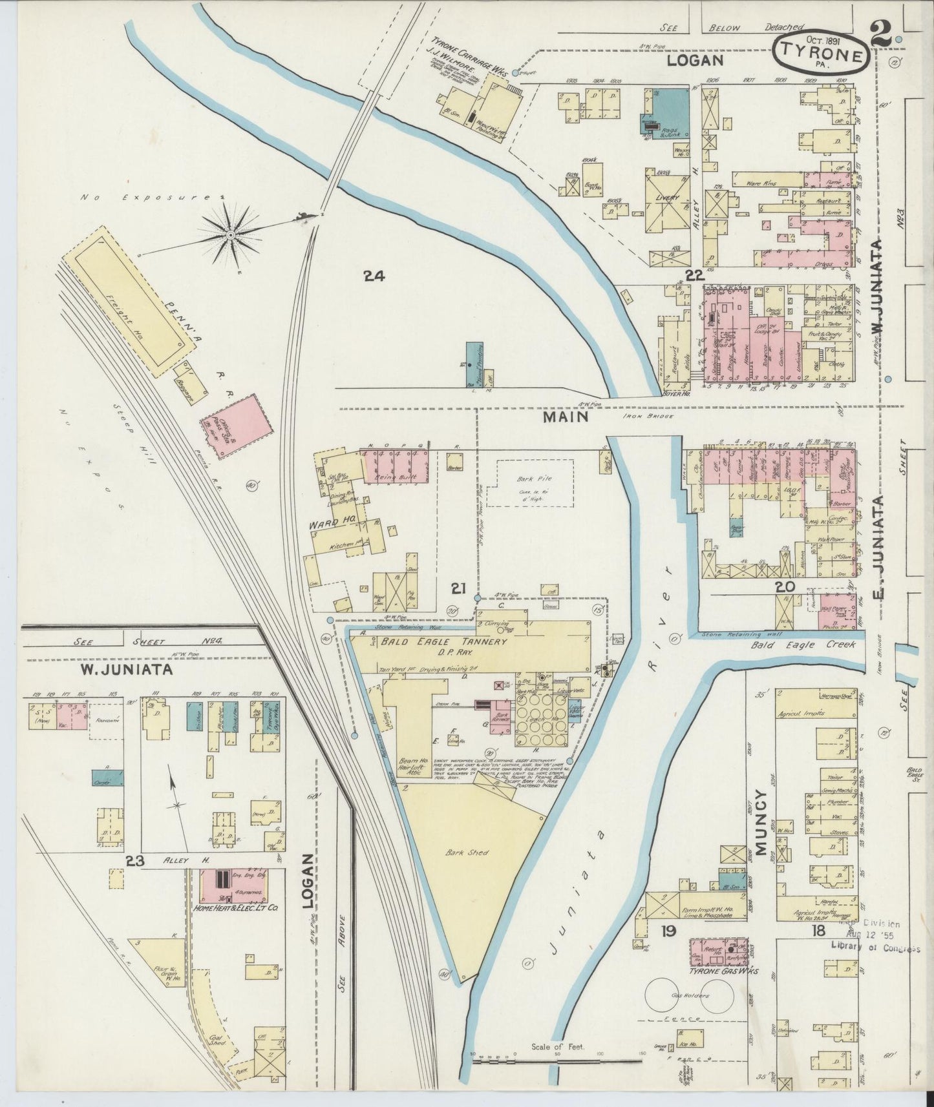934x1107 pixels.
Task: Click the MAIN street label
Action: [x=565, y=417]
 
